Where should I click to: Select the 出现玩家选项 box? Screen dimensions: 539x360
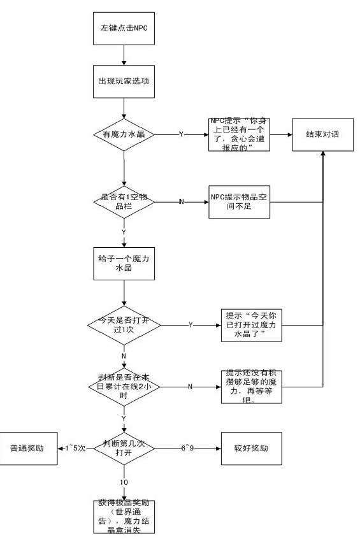click(124, 83)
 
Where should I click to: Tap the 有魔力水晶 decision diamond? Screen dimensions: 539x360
click(124, 135)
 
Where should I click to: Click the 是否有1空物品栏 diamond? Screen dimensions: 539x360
click(124, 202)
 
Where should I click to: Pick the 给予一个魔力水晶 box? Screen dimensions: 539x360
click(124, 263)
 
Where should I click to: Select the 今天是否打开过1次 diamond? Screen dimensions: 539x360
click(124, 324)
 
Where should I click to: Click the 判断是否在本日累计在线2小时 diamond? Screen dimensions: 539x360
click(124, 386)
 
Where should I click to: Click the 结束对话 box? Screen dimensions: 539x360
click(324, 135)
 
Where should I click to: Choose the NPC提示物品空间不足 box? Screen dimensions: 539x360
click(240, 201)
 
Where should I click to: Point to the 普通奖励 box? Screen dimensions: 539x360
click(27, 448)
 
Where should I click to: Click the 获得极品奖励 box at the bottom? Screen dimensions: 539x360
click(124, 516)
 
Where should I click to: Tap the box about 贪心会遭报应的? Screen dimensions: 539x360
click(240, 134)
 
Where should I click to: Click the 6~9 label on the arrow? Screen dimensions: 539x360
click(187, 448)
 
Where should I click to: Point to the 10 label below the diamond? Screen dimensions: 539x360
click(124, 482)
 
